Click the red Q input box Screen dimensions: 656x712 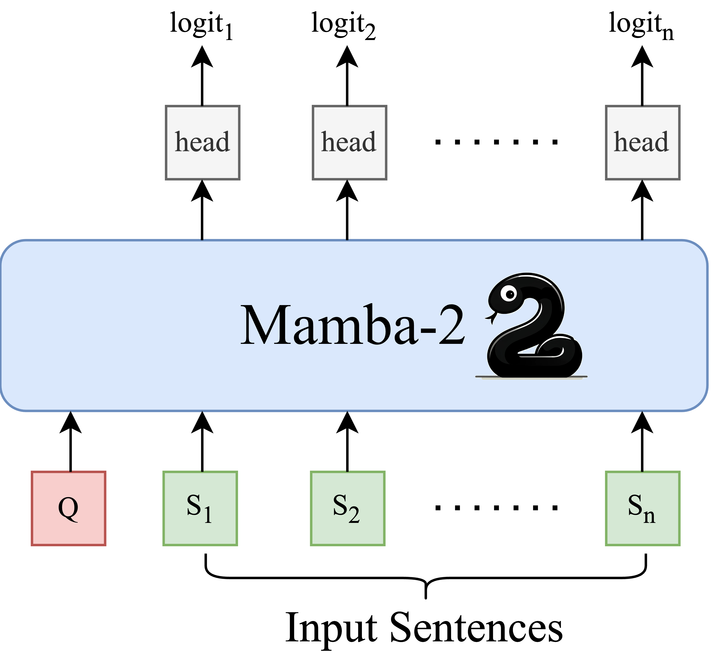(68, 508)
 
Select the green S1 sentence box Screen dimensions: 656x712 (200, 508)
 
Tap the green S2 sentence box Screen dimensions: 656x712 (347, 508)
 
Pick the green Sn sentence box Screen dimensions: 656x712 (643, 508)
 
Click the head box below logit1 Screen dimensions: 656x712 (202, 142)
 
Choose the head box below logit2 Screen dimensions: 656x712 (349, 142)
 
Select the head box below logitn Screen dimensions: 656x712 (643, 142)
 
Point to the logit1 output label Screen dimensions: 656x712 (201, 25)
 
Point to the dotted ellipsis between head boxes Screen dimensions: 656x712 (496, 142)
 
